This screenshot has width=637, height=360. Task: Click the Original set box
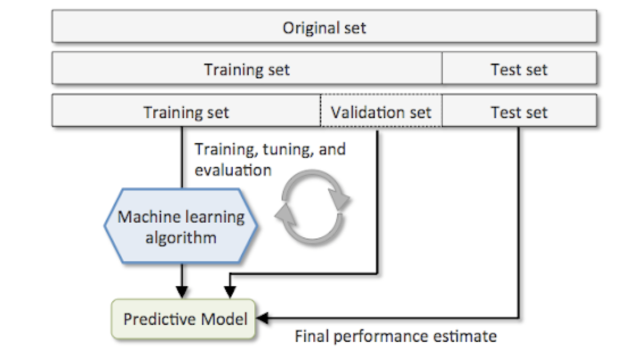point(324,27)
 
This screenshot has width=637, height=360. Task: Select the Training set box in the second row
point(247,68)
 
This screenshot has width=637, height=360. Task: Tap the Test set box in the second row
point(519,68)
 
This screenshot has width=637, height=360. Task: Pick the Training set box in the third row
point(186,111)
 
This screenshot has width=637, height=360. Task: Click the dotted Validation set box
point(381,111)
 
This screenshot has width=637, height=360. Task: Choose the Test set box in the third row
point(519,111)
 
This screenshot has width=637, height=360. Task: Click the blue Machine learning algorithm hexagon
point(181,226)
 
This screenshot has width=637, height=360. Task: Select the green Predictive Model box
point(183,319)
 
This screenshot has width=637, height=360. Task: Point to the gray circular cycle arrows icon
point(312,208)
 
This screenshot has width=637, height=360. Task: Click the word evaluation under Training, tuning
point(233,170)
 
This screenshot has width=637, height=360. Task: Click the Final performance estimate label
point(396,336)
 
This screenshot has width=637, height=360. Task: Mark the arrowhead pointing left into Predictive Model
point(263,318)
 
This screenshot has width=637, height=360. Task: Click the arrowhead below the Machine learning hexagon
point(182,292)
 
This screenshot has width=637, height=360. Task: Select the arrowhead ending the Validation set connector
point(230,292)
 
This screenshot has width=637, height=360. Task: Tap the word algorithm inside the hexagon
point(181,238)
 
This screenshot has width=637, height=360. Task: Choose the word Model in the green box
point(224,319)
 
